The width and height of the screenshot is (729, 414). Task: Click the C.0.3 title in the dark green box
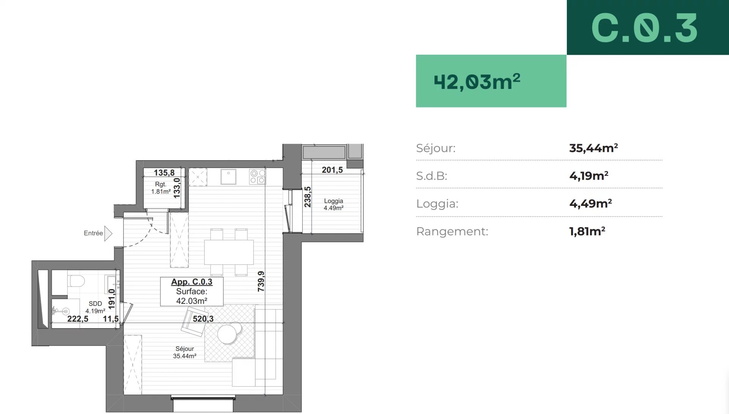pos(644,28)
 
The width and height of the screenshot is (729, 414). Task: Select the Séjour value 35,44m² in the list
pos(593,148)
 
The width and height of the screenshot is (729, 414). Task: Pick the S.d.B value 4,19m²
pos(589,175)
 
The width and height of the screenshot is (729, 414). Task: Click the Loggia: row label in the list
pos(437,204)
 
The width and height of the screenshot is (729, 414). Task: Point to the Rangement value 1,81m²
pos(587,231)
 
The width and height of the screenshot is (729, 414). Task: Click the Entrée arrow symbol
pos(108,234)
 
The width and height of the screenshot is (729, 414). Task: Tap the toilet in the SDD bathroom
pos(76,281)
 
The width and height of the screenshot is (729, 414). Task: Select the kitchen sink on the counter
pos(228,177)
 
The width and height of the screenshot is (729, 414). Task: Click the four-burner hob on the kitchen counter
pos(257,177)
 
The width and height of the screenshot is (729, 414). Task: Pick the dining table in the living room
pos(229,252)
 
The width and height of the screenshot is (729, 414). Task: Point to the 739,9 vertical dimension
pos(261,281)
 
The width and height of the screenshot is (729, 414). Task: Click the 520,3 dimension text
pos(203,319)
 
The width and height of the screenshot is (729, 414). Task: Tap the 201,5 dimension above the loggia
pos(332,170)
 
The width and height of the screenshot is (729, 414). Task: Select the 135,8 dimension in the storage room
pos(164,173)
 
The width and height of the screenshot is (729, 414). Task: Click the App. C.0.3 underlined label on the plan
pos(192,282)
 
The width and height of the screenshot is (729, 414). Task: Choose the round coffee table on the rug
pos(227,334)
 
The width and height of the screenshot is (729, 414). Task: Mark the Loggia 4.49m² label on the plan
pos(333,204)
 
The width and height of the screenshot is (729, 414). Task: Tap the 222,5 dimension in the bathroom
pos(78,319)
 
